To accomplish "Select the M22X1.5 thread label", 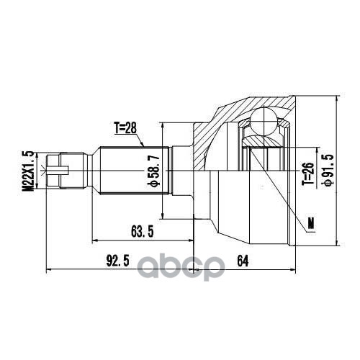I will click(29, 172).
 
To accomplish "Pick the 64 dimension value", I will click(241, 261).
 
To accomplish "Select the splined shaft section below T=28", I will click(133, 171).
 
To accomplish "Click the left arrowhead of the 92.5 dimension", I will click(49, 271).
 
